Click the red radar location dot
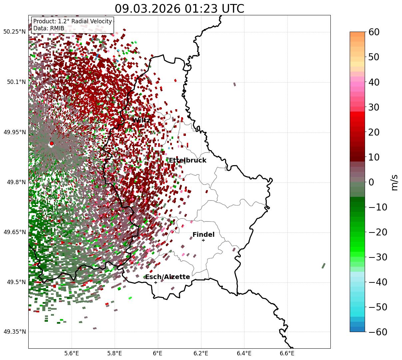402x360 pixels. [x=52, y=144]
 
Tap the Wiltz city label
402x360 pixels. [x=141, y=120]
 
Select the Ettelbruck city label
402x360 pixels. [x=188, y=161]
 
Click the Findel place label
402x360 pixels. [x=203, y=235]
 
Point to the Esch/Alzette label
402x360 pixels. [x=168, y=277]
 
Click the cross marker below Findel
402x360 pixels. [x=203, y=240]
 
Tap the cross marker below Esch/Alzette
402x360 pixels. [x=156, y=282]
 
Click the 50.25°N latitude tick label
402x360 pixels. [x=14, y=32]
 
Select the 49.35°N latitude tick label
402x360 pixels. [x=14, y=332]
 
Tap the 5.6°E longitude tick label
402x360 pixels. [x=72, y=353]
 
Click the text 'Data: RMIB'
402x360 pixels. [x=49, y=28]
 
